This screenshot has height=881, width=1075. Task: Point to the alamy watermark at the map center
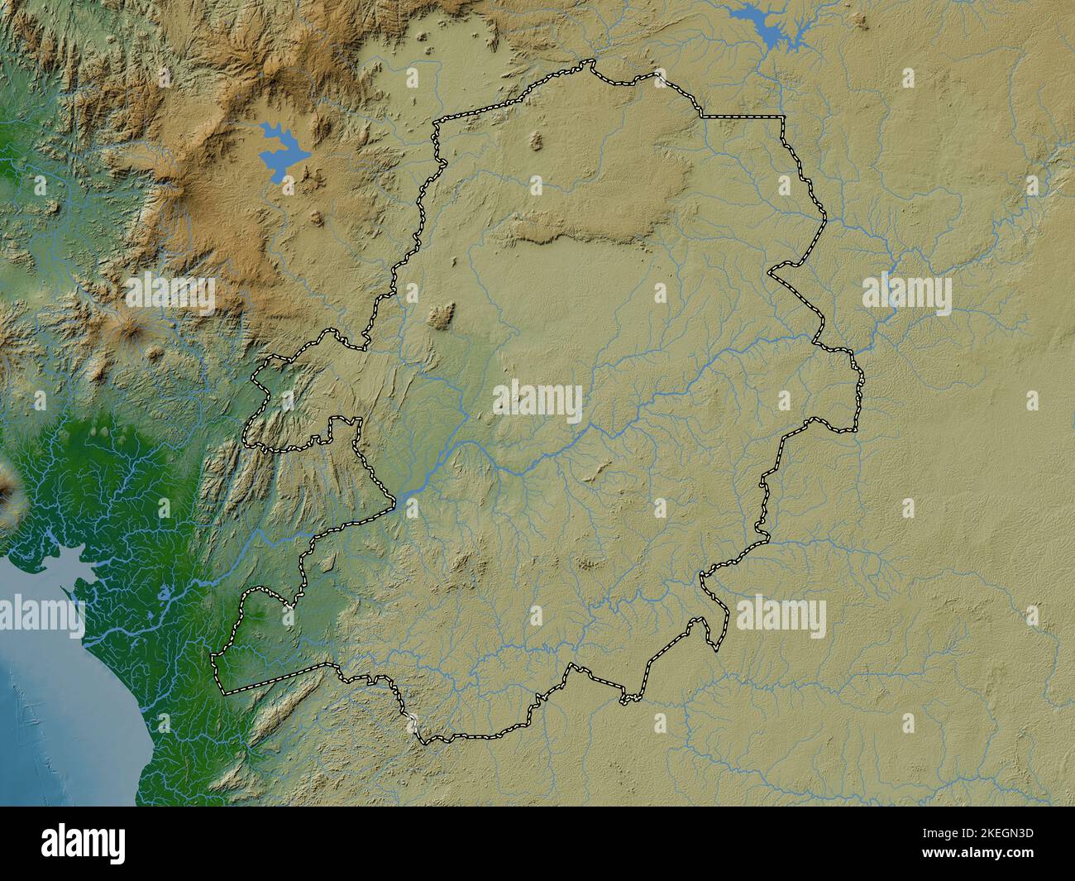(537, 401)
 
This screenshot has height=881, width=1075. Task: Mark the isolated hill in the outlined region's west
(442, 315)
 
